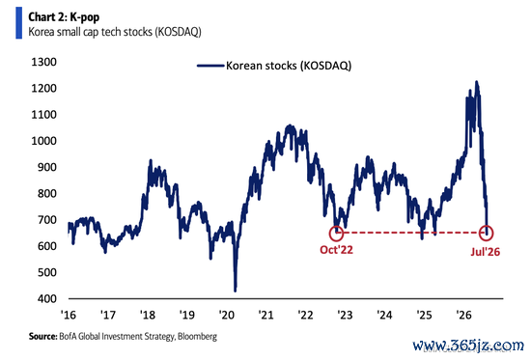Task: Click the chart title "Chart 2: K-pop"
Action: click(64, 17)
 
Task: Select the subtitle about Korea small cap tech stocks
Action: click(115, 32)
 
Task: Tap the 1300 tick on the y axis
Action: click(44, 62)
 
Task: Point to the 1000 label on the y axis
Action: click(44, 141)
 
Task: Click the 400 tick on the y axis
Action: click(47, 298)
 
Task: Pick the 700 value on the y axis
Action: click(47, 220)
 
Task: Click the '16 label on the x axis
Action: click(69, 315)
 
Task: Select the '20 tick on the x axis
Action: click(227, 315)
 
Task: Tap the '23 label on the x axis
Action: click(345, 315)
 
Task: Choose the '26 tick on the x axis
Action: click(463, 315)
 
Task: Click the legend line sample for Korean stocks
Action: click(210, 66)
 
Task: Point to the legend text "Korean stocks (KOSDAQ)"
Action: click(289, 66)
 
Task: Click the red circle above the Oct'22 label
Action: click(336, 226)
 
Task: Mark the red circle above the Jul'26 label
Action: click(487, 226)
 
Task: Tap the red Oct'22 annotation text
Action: click(336, 250)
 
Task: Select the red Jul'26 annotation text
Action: click(486, 252)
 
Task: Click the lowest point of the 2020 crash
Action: click(235, 291)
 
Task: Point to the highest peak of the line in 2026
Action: click(477, 82)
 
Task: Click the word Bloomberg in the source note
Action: click(197, 336)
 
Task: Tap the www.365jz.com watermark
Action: click(468, 346)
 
